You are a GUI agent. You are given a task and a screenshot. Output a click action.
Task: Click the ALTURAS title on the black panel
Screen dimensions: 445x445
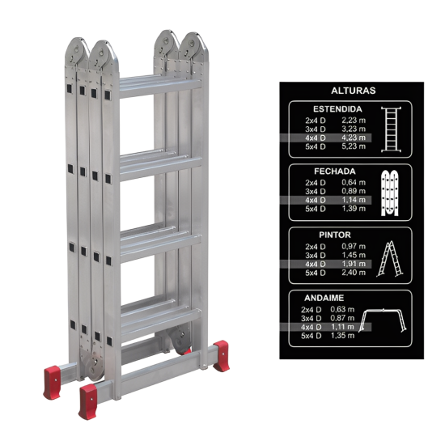pos(353,91)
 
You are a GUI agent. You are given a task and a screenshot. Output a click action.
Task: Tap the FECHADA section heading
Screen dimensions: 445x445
pos(335,172)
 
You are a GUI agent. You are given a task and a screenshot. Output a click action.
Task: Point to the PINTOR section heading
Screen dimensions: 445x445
pos(335,235)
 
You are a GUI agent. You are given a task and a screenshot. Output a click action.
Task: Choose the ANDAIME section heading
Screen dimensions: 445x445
pos(324,298)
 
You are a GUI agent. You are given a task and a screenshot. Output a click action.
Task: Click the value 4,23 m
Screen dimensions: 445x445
pos(354,138)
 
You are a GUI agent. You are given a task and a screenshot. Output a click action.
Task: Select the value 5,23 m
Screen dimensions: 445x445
pos(354,146)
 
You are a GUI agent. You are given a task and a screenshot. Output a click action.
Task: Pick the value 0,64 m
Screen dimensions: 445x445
pos(354,183)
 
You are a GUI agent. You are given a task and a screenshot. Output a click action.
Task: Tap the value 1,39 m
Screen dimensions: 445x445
pos(354,209)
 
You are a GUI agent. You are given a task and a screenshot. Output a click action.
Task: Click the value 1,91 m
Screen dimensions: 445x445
pos(354,264)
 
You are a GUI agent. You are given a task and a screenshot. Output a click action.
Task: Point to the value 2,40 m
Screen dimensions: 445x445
pos(354,273)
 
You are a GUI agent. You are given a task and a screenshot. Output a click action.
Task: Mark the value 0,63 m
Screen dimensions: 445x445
pos(342,309)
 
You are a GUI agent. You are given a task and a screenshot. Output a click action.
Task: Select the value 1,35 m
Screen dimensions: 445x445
pos(342,336)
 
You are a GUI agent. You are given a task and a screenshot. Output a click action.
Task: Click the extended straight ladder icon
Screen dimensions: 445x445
pos(392,129)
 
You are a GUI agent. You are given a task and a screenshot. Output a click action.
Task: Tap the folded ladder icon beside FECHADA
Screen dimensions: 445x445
pos(390,193)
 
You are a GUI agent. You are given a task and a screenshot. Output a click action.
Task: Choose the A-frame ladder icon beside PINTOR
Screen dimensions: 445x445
pos(390,259)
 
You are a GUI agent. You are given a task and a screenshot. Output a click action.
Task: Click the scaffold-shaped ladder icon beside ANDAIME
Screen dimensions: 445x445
pos(382,320)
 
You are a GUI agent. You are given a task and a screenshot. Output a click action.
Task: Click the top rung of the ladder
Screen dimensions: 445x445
pos(160,87)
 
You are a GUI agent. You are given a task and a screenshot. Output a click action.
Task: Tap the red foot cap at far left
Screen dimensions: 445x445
pos(52,382)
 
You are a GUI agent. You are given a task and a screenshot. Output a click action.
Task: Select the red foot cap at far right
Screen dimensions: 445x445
pos(222,356)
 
